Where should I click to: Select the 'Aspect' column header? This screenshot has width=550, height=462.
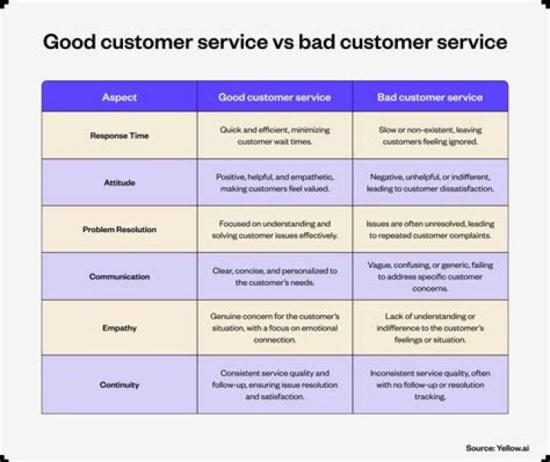119,97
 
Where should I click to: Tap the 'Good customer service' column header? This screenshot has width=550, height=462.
274,97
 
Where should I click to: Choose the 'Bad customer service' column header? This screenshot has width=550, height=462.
430,97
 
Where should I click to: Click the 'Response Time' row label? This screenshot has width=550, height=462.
119,136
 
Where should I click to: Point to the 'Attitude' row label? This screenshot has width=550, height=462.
119,183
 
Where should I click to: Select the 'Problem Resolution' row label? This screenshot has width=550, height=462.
119,229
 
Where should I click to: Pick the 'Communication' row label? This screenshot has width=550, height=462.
119,276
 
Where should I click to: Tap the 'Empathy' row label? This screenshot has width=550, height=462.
119,328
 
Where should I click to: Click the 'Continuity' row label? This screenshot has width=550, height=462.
119,385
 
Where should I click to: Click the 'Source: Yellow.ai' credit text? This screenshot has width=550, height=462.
497,447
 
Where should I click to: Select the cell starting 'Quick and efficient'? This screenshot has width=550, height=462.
274,136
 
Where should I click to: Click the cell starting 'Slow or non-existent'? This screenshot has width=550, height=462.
430,136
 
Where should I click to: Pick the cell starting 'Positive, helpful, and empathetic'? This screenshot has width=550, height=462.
274,183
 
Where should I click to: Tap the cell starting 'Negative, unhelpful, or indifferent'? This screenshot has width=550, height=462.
430,183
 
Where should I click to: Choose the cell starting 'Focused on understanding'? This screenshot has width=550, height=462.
274,229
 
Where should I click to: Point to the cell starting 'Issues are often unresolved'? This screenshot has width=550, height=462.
430,229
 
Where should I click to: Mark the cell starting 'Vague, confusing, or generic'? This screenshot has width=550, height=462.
430,276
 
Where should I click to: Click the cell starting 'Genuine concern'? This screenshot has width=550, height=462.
274,328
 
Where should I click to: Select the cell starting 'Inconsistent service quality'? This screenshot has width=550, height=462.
430,385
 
